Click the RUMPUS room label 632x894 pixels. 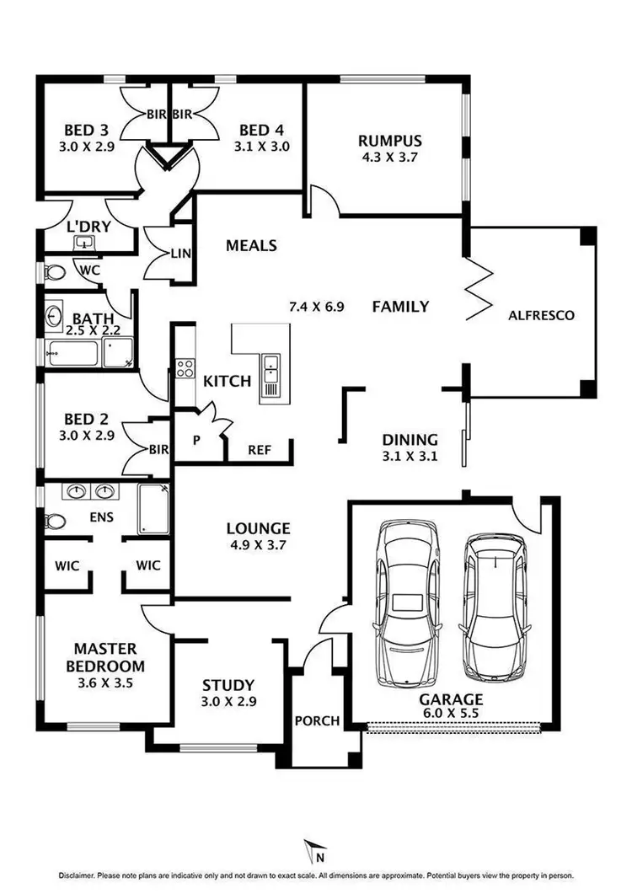tap(389, 141)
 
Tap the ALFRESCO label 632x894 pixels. tap(541, 315)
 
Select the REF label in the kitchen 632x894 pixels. tap(259, 450)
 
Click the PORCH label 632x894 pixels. tap(316, 721)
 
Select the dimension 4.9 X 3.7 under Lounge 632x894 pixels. tap(258, 545)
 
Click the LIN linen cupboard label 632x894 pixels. tap(180, 254)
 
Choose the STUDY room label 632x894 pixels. tap(228, 686)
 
